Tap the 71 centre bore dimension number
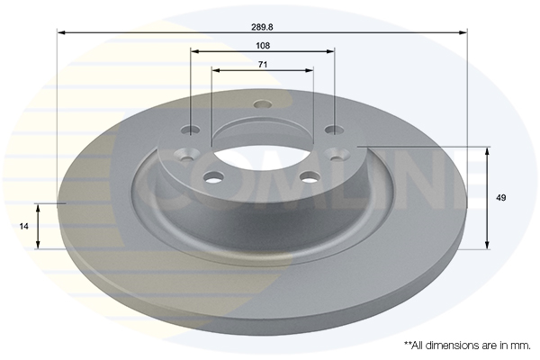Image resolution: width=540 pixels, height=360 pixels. (263, 64)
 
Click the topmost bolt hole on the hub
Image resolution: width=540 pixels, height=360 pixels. (263, 103)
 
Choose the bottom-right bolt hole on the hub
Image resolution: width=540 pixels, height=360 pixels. (309, 176)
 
